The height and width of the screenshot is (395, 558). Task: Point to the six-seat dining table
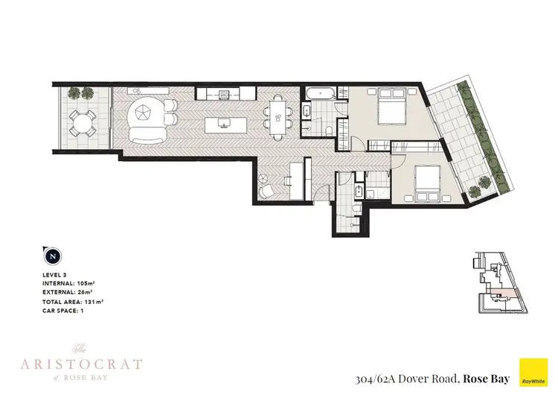click(x=279, y=116)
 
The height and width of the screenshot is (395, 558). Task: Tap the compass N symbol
click(x=52, y=256)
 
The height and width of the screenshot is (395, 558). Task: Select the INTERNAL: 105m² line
click(x=73, y=284)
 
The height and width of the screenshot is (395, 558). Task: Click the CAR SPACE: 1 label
click(x=67, y=309)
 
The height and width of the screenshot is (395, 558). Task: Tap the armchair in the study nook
click(x=267, y=191)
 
